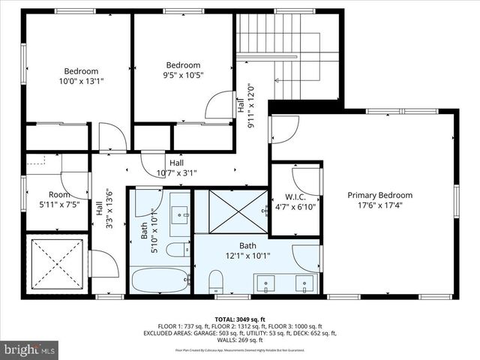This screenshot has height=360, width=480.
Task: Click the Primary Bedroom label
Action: coord(379,195)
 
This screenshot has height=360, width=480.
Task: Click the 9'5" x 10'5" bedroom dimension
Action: coord(183,75)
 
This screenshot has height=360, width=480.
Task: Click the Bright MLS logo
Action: coord(30,349)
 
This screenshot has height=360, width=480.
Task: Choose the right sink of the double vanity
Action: coord(304,283)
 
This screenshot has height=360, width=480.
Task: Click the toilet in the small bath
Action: coord(178,250)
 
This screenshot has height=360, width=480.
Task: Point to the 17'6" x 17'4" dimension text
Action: coord(379,205)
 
